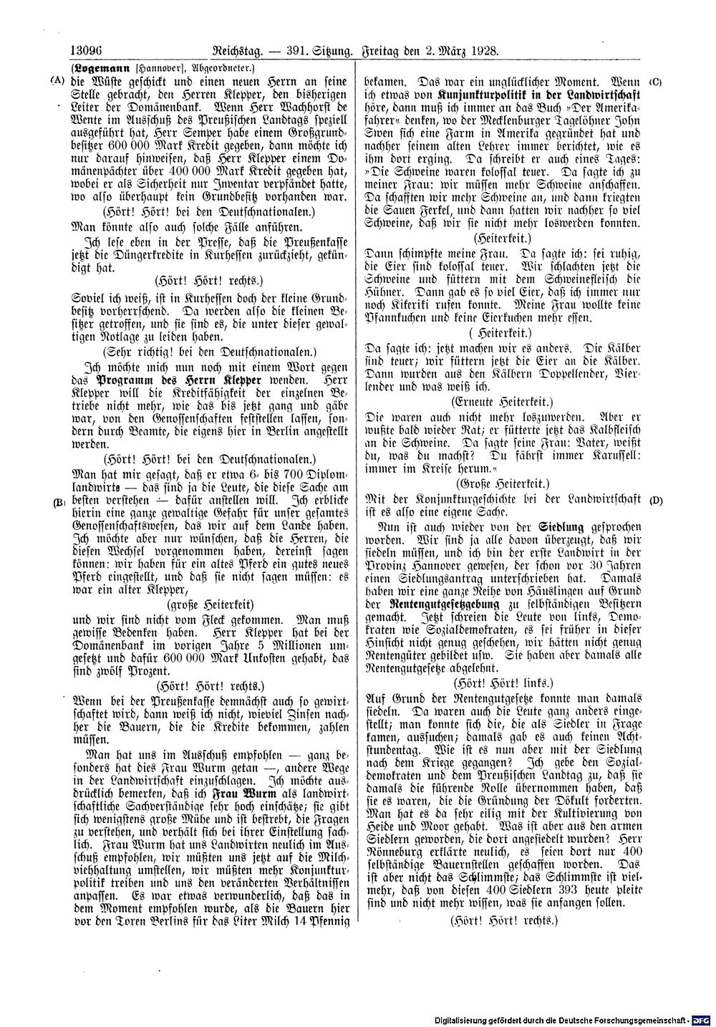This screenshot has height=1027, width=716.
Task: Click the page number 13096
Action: (87, 52)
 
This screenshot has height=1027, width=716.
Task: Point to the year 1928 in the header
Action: (483, 52)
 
